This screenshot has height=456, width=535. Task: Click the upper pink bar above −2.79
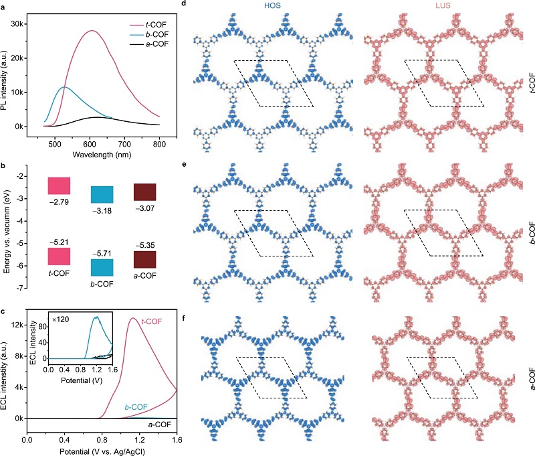coord(59,185)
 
